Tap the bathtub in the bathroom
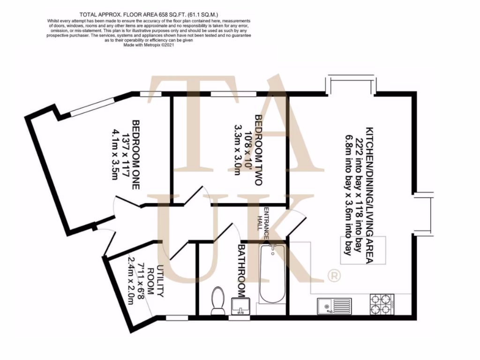click(272, 274)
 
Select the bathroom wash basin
click(242, 307)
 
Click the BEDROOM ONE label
click(136, 155)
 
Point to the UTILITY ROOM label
click(155, 282)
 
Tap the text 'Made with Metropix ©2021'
click(149, 45)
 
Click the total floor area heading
click(149, 15)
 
